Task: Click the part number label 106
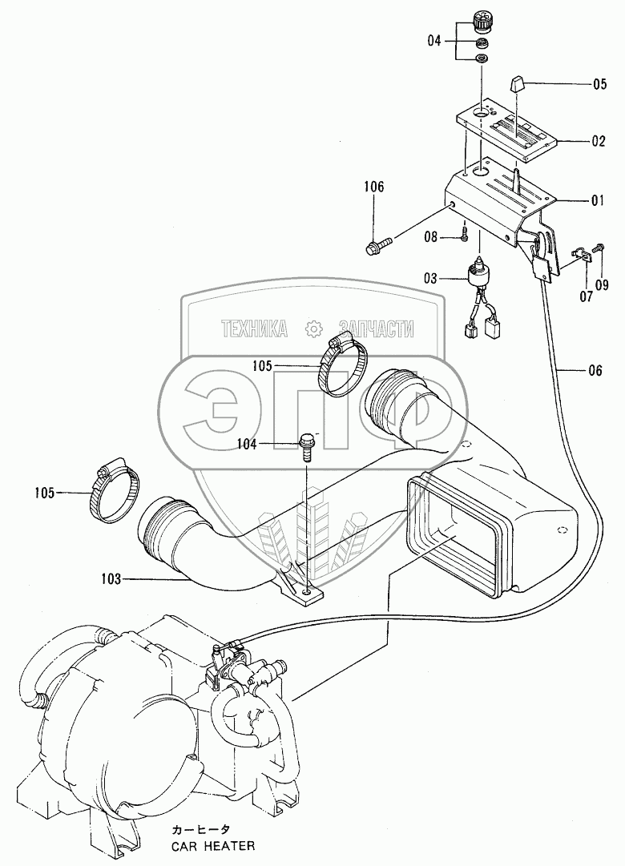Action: pyautogui.click(x=373, y=187)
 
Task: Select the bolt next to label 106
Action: pyautogui.click(x=378, y=244)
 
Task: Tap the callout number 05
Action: pyautogui.click(x=599, y=84)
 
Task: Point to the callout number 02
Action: pyautogui.click(x=599, y=141)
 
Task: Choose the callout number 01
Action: pyautogui.click(x=598, y=200)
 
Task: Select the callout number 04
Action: pyautogui.click(x=435, y=41)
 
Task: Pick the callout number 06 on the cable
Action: pyautogui.click(x=595, y=371)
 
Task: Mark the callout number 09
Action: pyautogui.click(x=602, y=285)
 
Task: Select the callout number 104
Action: pyautogui.click(x=247, y=444)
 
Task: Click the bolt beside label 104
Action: pyautogui.click(x=305, y=447)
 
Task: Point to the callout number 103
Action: pyautogui.click(x=111, y=579)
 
